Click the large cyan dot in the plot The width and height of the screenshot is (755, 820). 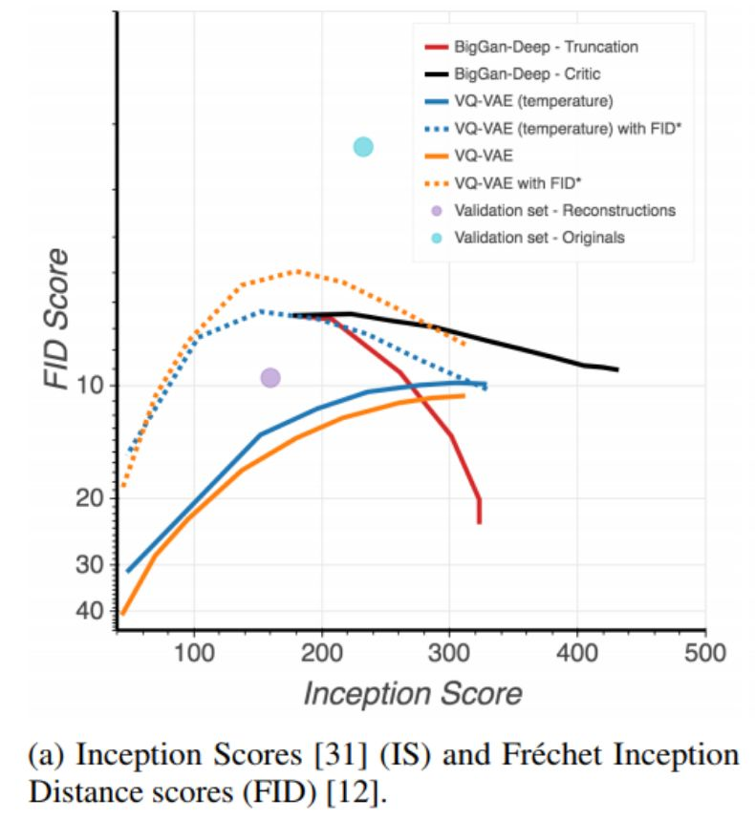tap(363, 146)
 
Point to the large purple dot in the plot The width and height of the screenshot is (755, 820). tap(270, 378)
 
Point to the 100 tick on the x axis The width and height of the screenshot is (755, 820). tap(194, 654)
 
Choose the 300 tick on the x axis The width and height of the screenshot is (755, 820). tap(450, 654)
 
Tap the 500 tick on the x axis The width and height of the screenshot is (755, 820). tap(705, 654)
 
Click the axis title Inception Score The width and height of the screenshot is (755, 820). tap(413, 694)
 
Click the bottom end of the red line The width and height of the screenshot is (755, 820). tap(479, 521)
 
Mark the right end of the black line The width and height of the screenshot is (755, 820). tap(617, 369)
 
